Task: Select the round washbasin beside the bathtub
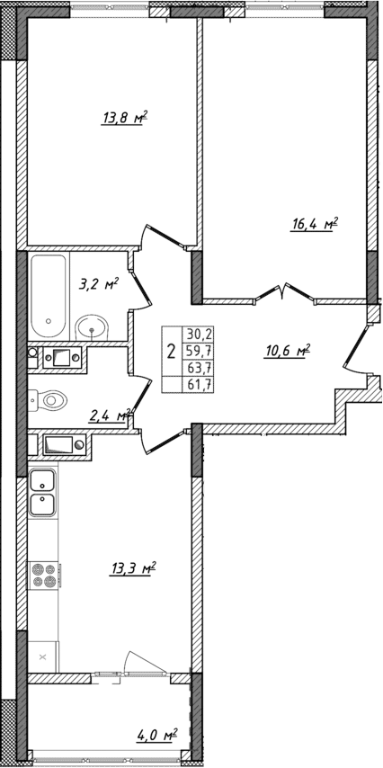coord(91,326)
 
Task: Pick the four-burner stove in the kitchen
coord(42,574)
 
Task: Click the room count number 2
coord(171,349)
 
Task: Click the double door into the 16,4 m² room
coord(284,293)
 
